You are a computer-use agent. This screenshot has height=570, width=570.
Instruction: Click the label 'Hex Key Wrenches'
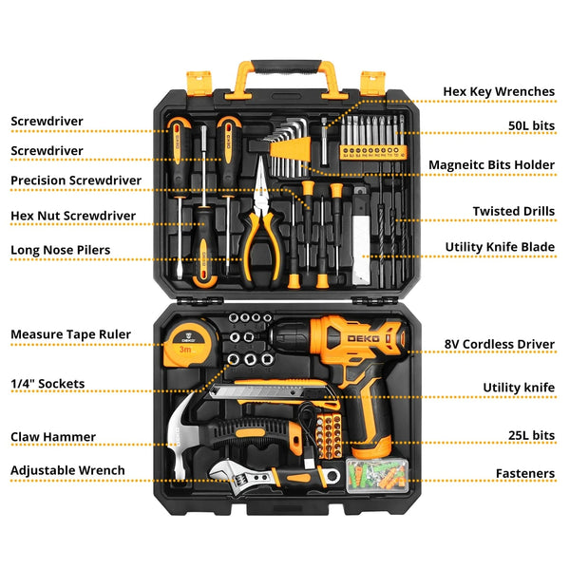point(499,92)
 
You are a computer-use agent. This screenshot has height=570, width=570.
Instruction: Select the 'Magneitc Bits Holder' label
point(491,164)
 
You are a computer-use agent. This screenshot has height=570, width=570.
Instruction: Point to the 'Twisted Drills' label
point(513,211)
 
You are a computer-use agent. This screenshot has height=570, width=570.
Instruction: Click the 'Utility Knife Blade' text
point(500,247)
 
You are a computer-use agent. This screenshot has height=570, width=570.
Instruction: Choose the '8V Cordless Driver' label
point(501,345)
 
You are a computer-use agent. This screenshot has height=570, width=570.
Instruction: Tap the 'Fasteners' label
point(524,473)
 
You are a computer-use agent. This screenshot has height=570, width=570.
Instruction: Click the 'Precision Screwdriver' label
point(76,180)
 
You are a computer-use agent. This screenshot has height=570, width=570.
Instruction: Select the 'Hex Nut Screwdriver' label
point(72,216)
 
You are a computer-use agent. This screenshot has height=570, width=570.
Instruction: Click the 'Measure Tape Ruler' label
point(70,334)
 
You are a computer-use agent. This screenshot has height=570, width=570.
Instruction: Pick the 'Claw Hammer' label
point(52,437)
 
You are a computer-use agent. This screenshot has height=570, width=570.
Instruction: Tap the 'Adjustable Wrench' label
point(67,470)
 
